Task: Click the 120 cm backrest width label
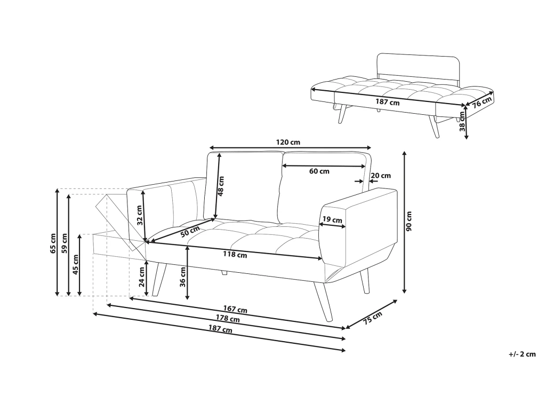click(x=288, y=143)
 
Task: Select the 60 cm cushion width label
click(x=319, y=171)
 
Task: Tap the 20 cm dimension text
click(x=380, y=176)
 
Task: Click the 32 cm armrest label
click(x=140, y=215)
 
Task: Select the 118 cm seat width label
click(x=235, y=255)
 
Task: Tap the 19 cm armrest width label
click(x=332, y=219)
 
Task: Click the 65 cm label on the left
click(x=53, y=243)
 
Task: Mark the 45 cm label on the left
click(x=75, y=264)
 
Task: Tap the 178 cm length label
click(x=228, y=320)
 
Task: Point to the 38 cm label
click(x=462, y=121)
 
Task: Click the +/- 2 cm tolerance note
click(x=522, y=354)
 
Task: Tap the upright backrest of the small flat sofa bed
click(x=418, y=66)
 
